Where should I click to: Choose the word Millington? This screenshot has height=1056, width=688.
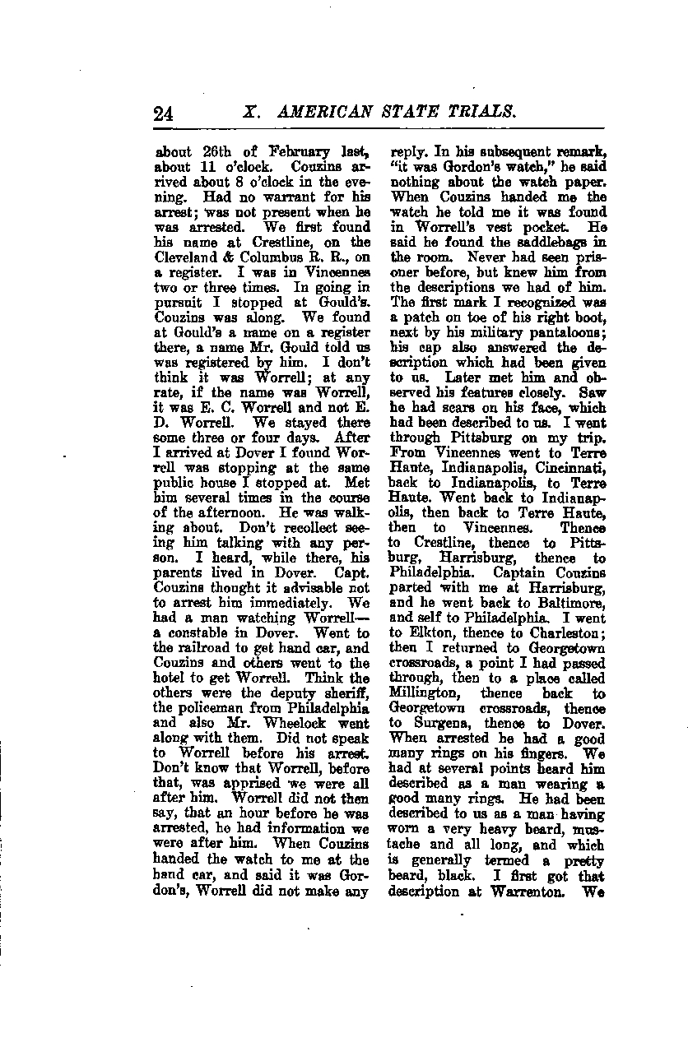point(423,692)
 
